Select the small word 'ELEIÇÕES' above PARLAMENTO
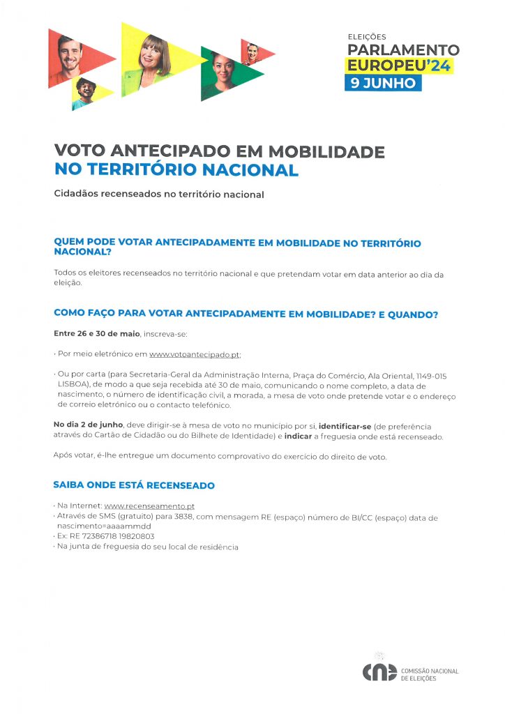pyautogui.click(x=366, y=37)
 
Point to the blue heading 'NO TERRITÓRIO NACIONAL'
pyautogui.click(x=176, y=170)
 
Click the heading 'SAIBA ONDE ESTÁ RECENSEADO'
pyautogui.click(x=134, y=485)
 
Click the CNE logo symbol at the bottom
pyautogui.click(x=379, y=673)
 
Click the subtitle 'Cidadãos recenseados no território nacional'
pyautogui.click(x=159, y=195)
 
